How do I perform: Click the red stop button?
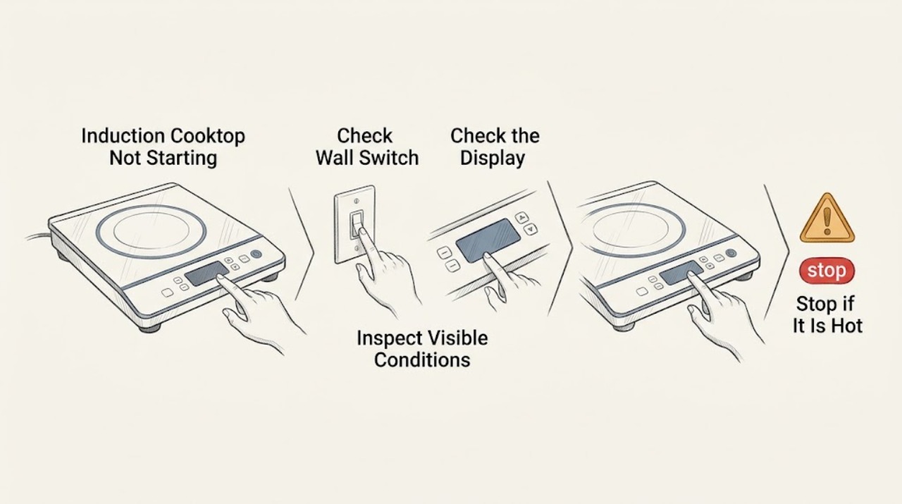coord(827,271)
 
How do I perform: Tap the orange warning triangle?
coord(827,219)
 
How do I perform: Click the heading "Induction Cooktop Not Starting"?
coord(163,147)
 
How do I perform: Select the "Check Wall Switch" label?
coord(367,147)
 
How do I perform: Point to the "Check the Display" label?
coord(495,147)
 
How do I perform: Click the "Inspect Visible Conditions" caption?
coord(422,349)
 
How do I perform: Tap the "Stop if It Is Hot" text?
coord(827,314)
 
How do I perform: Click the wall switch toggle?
coord(357,223)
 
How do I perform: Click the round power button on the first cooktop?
coord(256,254)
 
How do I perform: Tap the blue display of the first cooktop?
coord(206,273)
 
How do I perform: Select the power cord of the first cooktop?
coord(39,236)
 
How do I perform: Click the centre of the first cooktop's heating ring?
coord(151,232)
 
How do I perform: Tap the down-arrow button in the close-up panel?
coord(532,229)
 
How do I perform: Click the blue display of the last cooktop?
coord(681,272)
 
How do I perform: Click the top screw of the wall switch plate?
coord(356,201)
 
